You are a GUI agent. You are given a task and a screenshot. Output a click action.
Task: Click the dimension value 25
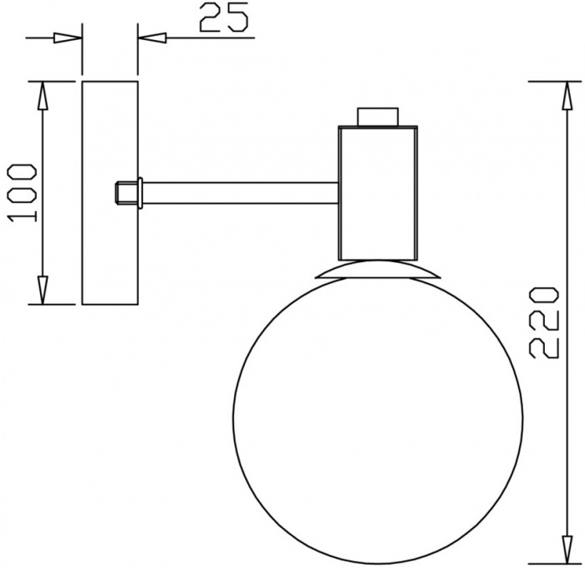pyautogui.click(x=224, y=18)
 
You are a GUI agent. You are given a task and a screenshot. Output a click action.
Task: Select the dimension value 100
pyautogui.click(x=23, y=193)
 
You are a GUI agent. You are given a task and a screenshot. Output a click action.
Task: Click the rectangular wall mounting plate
pyautogui.click(x=109, y=242)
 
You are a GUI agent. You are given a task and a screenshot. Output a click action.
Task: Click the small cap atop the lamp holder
pyautogui.click(x=377, y=116)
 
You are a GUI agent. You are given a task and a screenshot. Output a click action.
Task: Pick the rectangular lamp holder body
pyautogui.click(x=377, y=192)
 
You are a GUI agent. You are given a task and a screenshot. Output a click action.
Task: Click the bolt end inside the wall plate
pyautogui.click(x=123, y=193)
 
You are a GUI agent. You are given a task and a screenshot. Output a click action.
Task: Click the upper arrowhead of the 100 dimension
pyautogui.click(x=43, y=96)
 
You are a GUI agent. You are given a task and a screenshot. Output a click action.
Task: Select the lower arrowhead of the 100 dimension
pyautogui.click(x=43, y=289)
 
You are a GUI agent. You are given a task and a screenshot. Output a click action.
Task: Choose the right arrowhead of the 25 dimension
pyautogui.click(x=152, y=38)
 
